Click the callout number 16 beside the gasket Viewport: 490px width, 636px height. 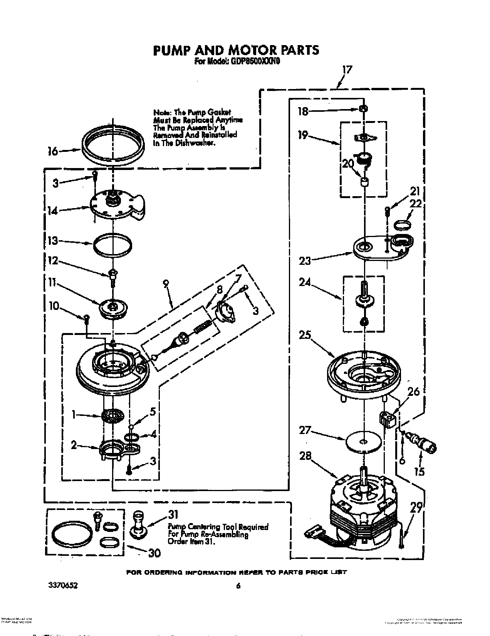[x=53, y=151]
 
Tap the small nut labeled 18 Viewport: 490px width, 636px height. [x=362, y=109]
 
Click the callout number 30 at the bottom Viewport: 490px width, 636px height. [x=154, y=553]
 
